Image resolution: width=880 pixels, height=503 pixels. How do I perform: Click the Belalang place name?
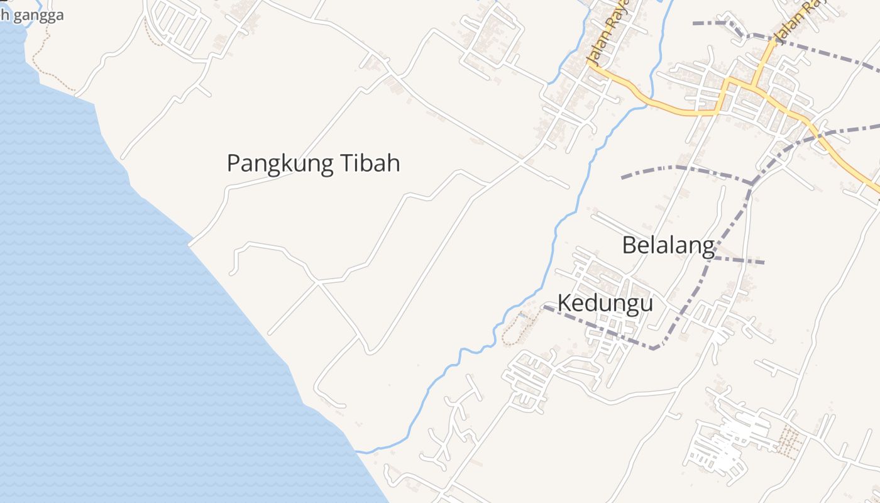(x=668, y=245)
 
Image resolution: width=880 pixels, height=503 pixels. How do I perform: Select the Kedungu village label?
(x=605, y=303)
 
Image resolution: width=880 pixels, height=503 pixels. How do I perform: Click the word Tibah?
(x=370, y=163)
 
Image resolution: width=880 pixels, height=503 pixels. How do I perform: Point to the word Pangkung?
(x=279, y=163)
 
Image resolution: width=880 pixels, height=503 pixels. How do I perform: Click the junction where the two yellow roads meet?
(x=752, y=82)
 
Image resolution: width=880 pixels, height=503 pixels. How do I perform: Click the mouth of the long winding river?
(x=358, y=451)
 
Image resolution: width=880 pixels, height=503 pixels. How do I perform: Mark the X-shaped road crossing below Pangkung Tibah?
(x=318, y=284)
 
